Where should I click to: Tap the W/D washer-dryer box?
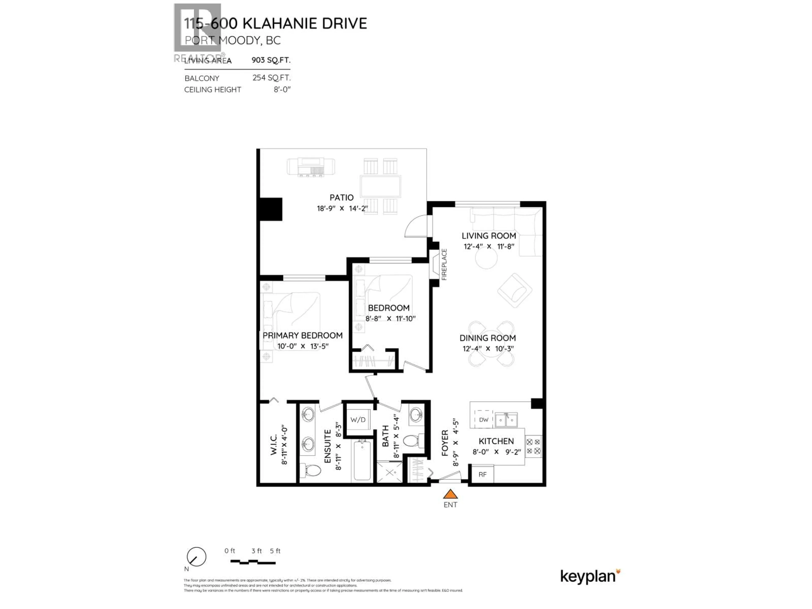358,420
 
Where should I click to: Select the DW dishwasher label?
483,420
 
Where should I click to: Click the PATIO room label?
341,198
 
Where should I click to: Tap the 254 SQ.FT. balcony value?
271,78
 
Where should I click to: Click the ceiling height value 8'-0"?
282,90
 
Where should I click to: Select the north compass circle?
196,557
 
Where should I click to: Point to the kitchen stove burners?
533,446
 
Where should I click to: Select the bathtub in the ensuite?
362,460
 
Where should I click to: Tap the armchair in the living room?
515,290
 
